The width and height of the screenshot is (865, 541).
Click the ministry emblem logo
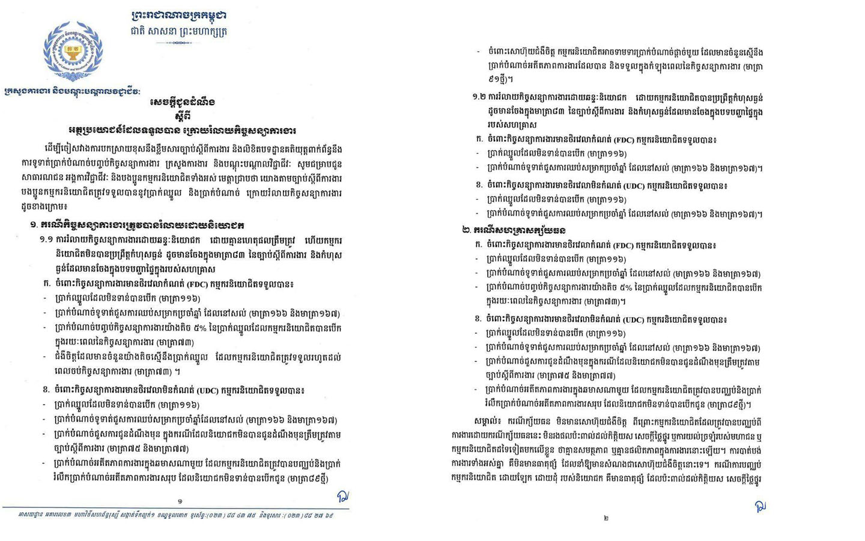coord(73,51)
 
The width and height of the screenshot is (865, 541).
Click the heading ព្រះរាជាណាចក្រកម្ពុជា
coord(178,15)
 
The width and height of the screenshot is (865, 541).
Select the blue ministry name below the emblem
coord(72,91)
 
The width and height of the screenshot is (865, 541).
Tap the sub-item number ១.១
coord(47,240)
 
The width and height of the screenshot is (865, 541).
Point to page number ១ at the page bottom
coord(180,501)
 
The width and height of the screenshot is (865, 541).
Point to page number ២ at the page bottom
coord(605,518)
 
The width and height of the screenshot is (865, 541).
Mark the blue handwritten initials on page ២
coord(760,506)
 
